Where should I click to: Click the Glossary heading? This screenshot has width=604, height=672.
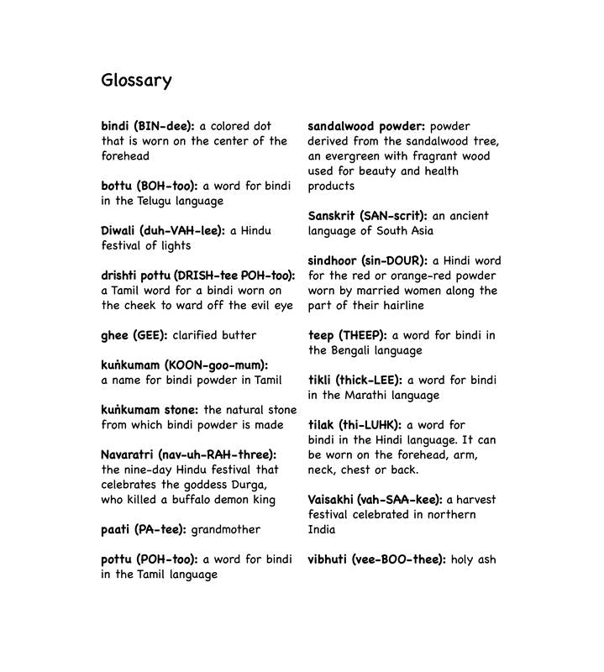pos(136,81)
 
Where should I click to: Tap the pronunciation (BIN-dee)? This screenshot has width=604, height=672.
pos(164,126)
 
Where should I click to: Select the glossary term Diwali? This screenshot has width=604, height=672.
pos(118,230)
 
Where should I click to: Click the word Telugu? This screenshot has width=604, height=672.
pos(153,201)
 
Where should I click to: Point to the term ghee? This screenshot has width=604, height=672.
pos(114,335)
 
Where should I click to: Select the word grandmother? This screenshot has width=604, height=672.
pos(226,529)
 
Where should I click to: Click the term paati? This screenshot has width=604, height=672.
pos(115,529)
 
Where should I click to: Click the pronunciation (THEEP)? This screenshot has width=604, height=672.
pos(363,335)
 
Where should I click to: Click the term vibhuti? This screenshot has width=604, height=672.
pos(329,559)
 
